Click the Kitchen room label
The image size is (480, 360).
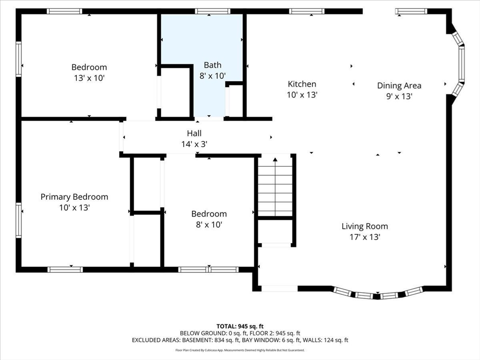(x=302, y=84)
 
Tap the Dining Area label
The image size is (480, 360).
(x=399, y=85)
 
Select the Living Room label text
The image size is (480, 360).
(x=364, y=226)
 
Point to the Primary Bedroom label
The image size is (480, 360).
(x=74, y=197)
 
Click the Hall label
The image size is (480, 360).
(x=194, y=134)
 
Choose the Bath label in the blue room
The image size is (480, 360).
(x=212, y=65)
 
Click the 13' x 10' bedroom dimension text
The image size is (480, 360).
(x=89, y=78)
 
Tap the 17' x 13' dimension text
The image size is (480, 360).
(x=364, y=237)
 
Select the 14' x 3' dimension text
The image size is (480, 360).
(x=194, y=144)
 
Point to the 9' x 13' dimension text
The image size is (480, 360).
(x=399, y=96)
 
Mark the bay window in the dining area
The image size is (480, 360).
(x=461, y=64)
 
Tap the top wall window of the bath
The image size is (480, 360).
(x=212, y=11)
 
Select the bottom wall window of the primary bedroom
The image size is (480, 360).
(x=65, y=270)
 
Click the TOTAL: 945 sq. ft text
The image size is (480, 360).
(x=240, y=326)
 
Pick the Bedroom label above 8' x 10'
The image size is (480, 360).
(x=209, y=214)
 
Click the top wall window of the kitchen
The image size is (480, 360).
(x=307, y=11)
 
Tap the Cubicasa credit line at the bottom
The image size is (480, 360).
(x=240, y=350)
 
